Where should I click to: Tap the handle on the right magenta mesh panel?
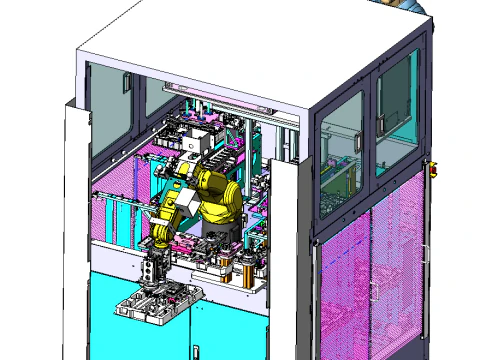point(372,290)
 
